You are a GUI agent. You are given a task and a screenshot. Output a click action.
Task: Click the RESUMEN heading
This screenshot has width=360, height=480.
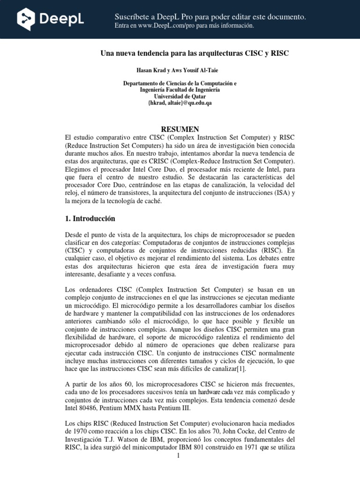tap(180, 129)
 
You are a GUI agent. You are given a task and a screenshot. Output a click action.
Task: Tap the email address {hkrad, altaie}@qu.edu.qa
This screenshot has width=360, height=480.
tap(180, 103)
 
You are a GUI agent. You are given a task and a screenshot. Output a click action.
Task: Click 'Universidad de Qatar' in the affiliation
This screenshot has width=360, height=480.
tap(180, 97)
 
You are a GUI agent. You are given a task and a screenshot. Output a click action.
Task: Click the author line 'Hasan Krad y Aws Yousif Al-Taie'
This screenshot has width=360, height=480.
tap(180, 70)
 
